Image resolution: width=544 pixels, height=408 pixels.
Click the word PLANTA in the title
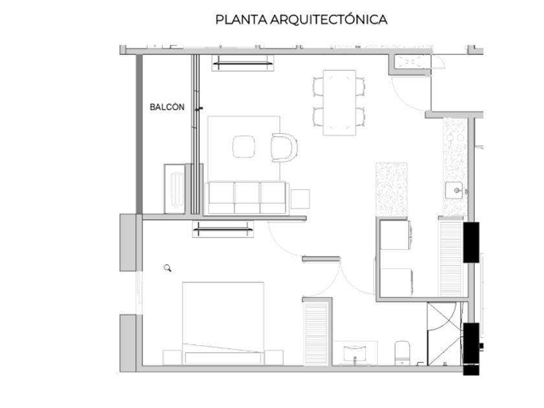pos(241,19)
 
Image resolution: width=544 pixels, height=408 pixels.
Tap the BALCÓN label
pos(167,107)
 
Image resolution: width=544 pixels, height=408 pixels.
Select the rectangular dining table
pos(339,103)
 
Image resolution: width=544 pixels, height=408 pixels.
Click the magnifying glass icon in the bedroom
pos(168,268)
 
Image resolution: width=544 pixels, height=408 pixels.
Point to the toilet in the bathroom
pos(402,353)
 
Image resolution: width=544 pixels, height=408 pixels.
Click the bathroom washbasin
pos(355,354)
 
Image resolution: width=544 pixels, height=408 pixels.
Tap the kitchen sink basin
pos(454,190)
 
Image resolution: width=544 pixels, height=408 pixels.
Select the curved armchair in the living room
pos(284,148)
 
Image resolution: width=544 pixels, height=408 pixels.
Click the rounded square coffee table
pos(244,147)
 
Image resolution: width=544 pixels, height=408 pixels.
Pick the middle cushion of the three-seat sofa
pos(247,198)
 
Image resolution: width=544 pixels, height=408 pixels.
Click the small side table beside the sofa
pos(300,199)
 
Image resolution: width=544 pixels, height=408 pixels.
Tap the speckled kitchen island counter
pos(391,189)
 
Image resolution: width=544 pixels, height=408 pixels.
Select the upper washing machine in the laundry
pos(396,234)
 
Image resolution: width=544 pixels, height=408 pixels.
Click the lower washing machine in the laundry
pos(396,282)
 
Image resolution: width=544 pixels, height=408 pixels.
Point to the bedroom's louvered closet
pos(316,334)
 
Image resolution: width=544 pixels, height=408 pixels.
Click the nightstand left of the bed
pos(172,357)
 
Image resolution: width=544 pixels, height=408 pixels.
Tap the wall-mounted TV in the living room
pos(243,63)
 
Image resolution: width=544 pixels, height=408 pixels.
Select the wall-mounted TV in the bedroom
pos(223,229)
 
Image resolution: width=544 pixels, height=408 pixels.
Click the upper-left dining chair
pos(318,87)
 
